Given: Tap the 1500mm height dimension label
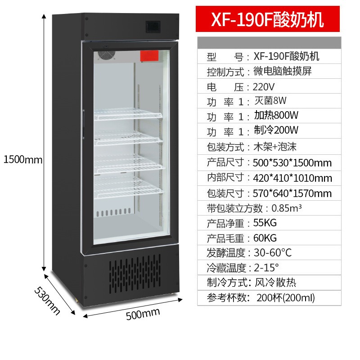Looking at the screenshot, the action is click(x=22, y=159).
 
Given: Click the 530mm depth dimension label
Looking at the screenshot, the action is click(x=47, y=300).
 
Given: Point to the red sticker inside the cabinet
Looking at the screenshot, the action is click(x=150, y=55).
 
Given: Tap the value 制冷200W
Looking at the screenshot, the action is click(x=276, y=130).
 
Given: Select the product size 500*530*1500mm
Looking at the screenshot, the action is click(x=292, y=162).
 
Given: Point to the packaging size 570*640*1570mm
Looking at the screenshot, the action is click(x=292, y=193).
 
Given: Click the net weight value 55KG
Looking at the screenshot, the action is click(x=265, y=223).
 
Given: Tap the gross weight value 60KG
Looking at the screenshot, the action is click(x=265, y=238).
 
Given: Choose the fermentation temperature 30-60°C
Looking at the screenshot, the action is click(x=273, y=253).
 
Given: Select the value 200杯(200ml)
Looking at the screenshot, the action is click(x=285, y=297).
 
